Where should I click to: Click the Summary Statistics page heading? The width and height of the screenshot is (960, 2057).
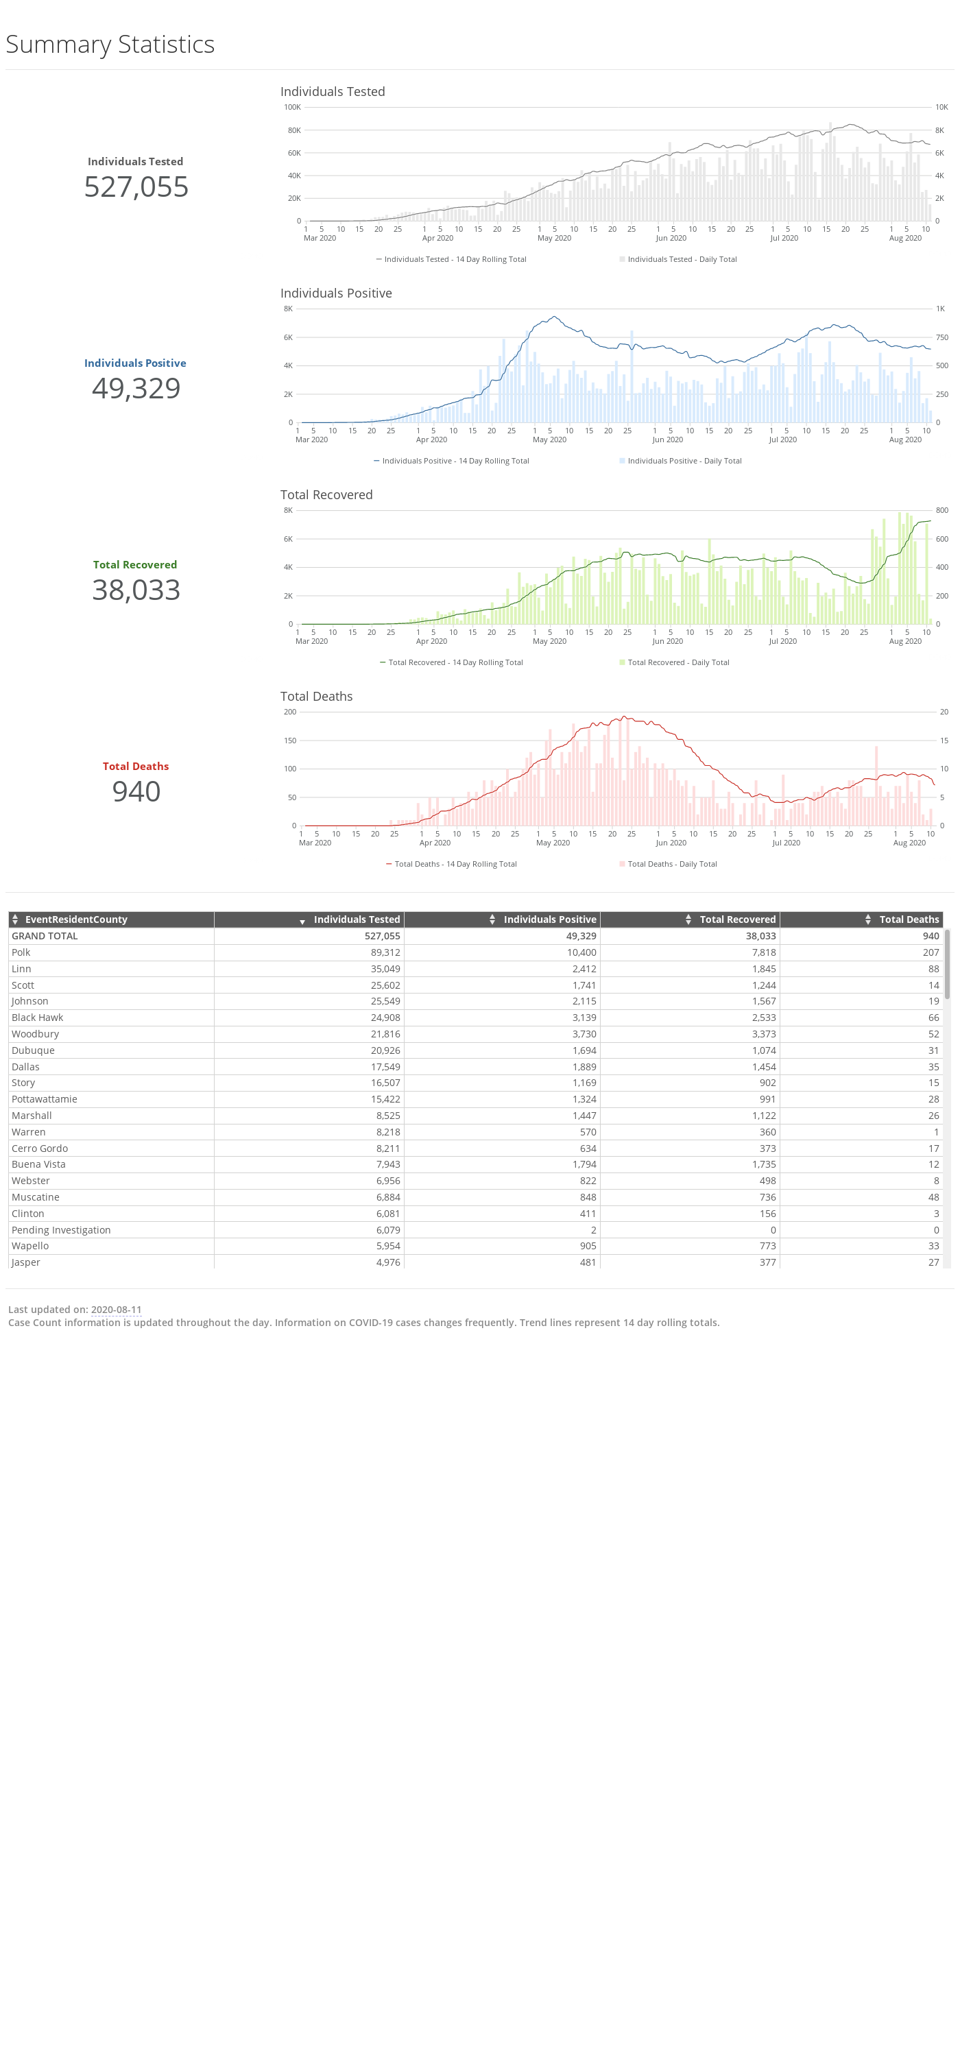coord(110,45)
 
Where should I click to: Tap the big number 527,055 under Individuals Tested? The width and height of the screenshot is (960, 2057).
coord(136,187)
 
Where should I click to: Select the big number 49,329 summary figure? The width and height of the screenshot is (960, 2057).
coord(136,388)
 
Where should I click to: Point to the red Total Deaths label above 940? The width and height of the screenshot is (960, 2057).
coord(136,766)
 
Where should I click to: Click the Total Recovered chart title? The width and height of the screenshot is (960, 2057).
coord(326,494)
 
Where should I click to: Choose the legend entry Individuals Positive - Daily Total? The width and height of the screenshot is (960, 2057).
coord(684,461)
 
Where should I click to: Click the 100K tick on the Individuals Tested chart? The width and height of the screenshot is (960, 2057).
coord(292,107)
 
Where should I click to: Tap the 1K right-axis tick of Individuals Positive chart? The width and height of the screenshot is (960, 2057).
coord(940,309)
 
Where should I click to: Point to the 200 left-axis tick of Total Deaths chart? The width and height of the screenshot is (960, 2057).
coord(290,712)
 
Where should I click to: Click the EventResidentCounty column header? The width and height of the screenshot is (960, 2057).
coord(77,919)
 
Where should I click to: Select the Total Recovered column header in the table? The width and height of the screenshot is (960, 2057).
coord(738,919)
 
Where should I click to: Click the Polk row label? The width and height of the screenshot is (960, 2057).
coord(21,952)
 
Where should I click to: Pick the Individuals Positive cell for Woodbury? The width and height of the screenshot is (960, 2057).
coord(584,1033)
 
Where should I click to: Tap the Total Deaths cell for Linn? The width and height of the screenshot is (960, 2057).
coord(933,969)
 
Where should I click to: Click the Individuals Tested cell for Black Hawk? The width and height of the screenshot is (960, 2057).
coord(385,1018)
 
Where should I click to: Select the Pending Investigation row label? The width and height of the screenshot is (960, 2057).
coord(62,1229)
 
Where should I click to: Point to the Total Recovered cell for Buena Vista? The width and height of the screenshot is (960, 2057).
coord(763,1164)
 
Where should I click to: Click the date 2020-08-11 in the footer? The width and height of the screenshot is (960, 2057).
coord(116,1310)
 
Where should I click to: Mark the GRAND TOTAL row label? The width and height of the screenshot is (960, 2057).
coord(45,936)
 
